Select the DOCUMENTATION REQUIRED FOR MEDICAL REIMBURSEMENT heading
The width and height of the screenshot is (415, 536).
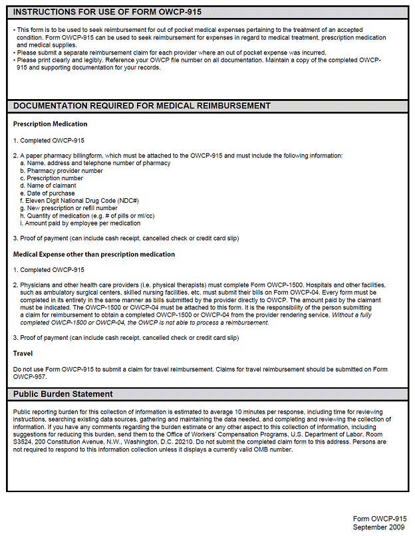coord(142,106)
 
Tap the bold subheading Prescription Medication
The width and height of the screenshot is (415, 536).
coord(50,124)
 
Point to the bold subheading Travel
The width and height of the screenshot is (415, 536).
coord(23,354)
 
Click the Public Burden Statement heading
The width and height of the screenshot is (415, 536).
coord(63,394)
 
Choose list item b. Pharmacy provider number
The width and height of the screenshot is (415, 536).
coord(61,171)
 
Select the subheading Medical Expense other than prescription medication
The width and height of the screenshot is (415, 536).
coord(94,254)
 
